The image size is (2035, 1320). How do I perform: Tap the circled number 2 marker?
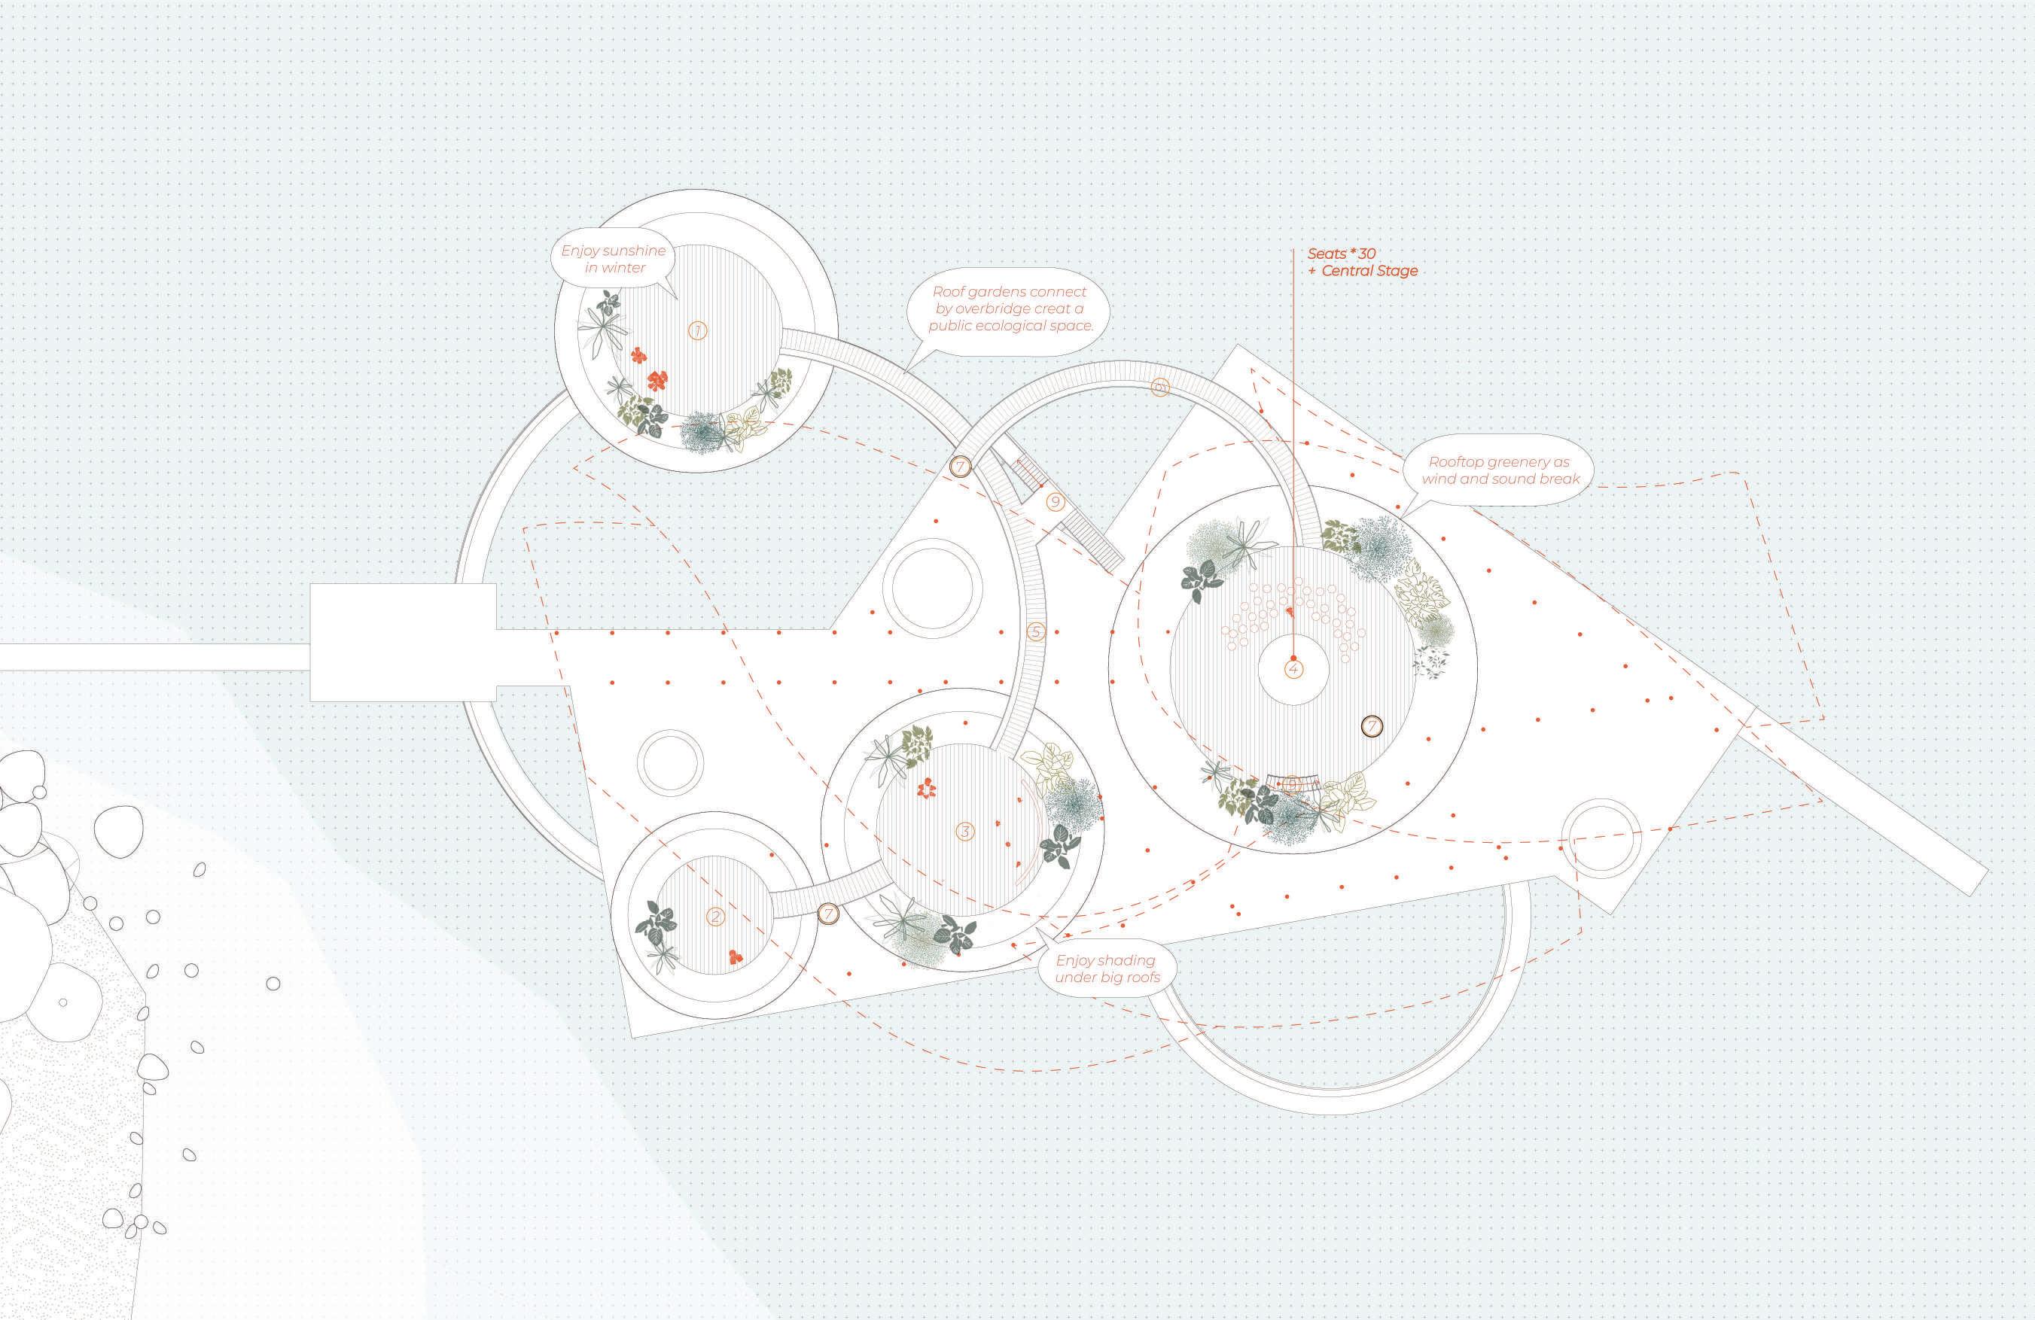point(716,917)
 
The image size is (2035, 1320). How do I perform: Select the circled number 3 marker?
point(965,831)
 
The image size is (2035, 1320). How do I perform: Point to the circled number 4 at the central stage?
point(1293,668)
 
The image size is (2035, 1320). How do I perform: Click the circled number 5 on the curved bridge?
point(1035,632)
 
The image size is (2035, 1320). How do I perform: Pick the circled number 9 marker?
point(1055,502)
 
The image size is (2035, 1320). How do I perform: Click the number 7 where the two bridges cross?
point(960,467)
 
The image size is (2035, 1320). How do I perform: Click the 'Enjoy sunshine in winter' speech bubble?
point(613,259)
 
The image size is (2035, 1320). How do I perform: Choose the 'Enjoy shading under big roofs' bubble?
point(1105,969)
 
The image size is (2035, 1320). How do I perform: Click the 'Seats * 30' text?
point(1342,254)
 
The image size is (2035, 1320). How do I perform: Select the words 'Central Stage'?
point(1369,271)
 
